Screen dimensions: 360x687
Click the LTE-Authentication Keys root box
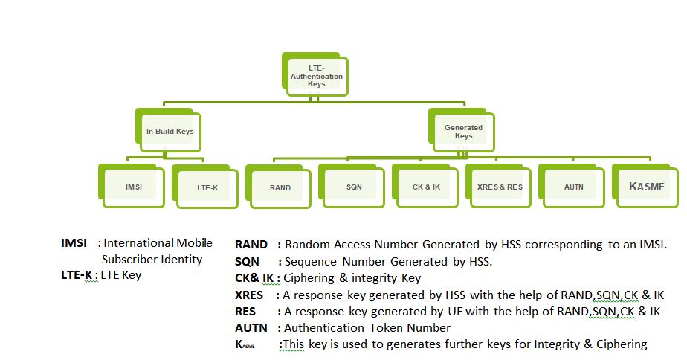point(316,76)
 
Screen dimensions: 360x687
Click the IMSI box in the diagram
point(134,187)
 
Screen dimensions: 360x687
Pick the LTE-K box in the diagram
point(207,187)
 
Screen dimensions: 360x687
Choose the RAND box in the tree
point(280,187)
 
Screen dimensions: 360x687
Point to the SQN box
point(354,187)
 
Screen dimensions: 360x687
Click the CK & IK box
point(426,187)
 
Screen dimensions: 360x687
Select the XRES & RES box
point(500,187)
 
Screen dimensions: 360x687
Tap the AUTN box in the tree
point(573,187)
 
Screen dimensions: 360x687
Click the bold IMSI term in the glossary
point(74,243)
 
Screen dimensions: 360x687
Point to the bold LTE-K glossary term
point(77,275)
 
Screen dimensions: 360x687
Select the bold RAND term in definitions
point(251,245)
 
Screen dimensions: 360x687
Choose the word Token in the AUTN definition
point(383,327)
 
